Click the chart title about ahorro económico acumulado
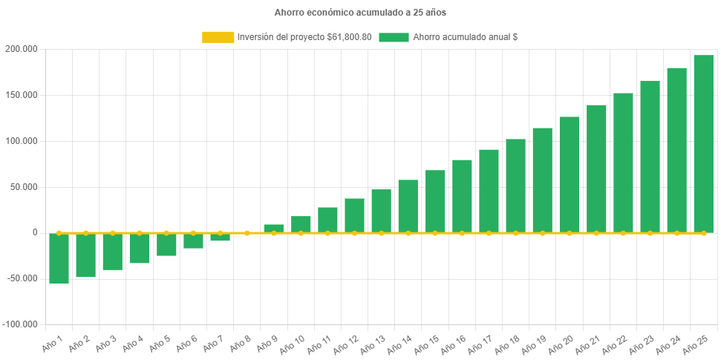pyautogui.click(x=360, y=13)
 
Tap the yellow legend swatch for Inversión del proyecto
pyautogui.click(x=218, y=37)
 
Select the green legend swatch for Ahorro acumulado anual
pyautogui.click(x=394, y=37)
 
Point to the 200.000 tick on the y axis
pyautogui.click(x=21, y=49)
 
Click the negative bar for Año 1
pyautogui.click(x=59, y=258)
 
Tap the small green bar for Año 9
pyautogui.click(x=274, y=228)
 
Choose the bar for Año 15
pyautogui.click(x=435, y=201)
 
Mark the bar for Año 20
pyautogui.click(x=570, y=174)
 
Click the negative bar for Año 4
pyautogui.click(x=140, y=249)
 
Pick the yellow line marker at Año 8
pyautogui.click(x=247, y=233)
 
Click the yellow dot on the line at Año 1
pyautogui.click(x=59, y=233)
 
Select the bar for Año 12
pyautogui.click(x=354, y=215)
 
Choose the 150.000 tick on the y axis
pyautogui.click(x=21, y=95)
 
